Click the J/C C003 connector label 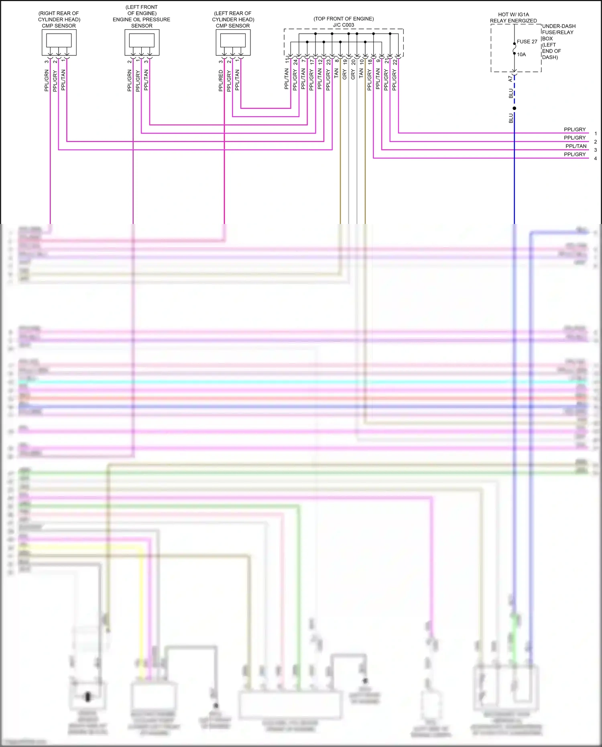(x=344, y=25)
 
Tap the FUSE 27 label (x=527, y=42)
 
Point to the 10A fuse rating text (x=521, y=55)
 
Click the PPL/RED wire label (x=221, y=81)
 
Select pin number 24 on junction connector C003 (x=295, y=62)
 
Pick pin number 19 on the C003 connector (x=345, y=62)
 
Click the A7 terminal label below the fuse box (x=510, y=79)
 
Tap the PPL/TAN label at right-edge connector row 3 (x=576, y=146)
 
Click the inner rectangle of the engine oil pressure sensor (x=142, y=40)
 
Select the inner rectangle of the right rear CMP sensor (x=59, y=40)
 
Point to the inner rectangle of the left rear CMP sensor (x=233, y=40)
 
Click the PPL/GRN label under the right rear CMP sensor (x=47, y=81)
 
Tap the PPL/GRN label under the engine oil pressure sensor (x=130, y=81)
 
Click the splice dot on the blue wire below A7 (x=514, y=108)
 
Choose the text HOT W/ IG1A (x=513, y=14)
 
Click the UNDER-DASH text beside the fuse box (x=559, y=26)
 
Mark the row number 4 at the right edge (x=595, y=159)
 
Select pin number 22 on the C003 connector (x=395, y=62)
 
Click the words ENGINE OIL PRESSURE (x=141, y=19)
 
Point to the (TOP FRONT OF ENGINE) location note (x=344, y=19)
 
